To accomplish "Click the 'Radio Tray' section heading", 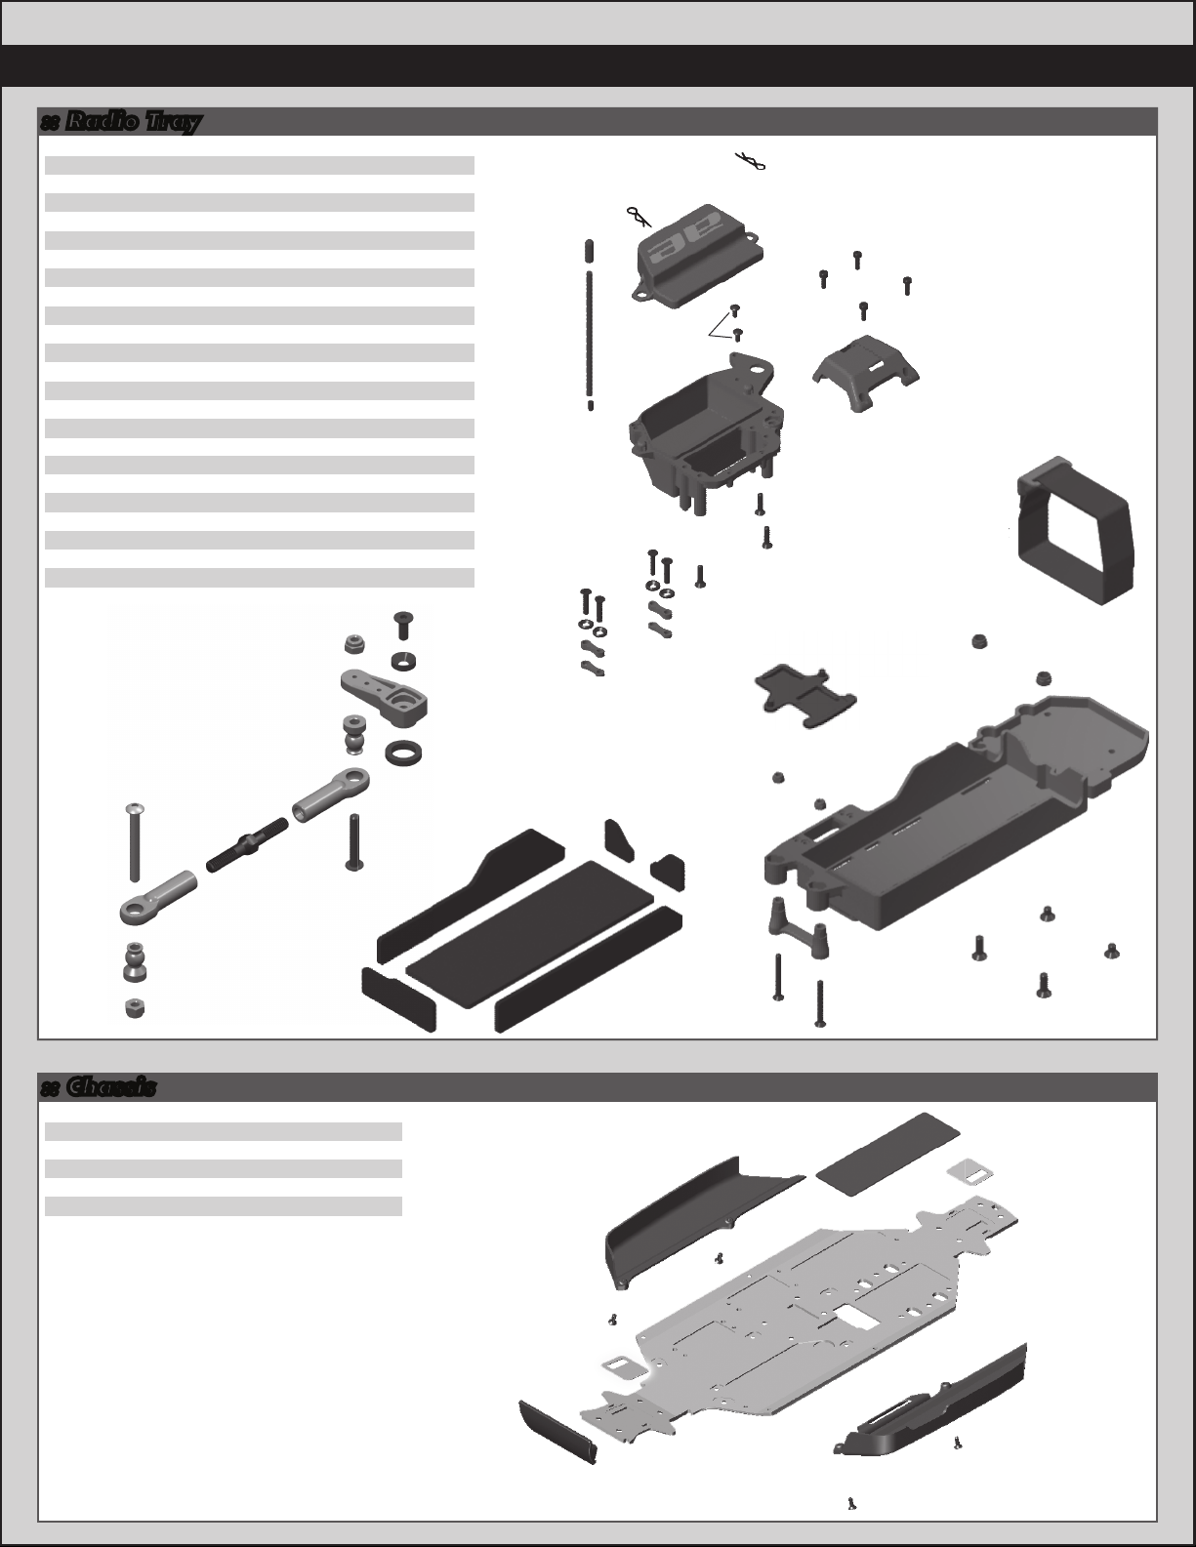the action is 121,122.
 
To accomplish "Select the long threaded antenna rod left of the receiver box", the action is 591,322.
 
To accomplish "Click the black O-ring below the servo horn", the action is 405,753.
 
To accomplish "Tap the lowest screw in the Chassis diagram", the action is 852,1504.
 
